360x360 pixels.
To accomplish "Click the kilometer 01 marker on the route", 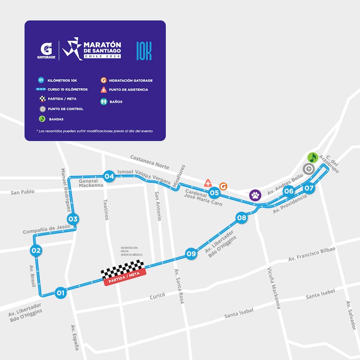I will pos(60,293).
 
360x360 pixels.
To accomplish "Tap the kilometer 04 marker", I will pos(109,176).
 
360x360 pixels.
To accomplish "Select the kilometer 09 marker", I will pos(191,253).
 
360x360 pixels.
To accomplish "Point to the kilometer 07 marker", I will pos(309,189).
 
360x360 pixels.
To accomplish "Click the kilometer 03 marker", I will pos(73,219).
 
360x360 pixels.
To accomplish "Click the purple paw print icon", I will pos(255,195).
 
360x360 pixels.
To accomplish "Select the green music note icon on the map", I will pos(313,157).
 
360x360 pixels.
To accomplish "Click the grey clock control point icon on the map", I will pos(309,169).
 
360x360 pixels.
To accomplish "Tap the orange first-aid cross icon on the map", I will pos(208,183).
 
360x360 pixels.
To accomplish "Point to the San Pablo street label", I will pos(23,193).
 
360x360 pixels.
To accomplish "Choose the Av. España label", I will pos(76,337).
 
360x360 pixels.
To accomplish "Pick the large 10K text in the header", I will pos(144,51).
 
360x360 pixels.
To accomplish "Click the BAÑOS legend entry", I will pos(116,102).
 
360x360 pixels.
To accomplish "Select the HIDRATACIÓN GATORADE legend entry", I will pos(130,81).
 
